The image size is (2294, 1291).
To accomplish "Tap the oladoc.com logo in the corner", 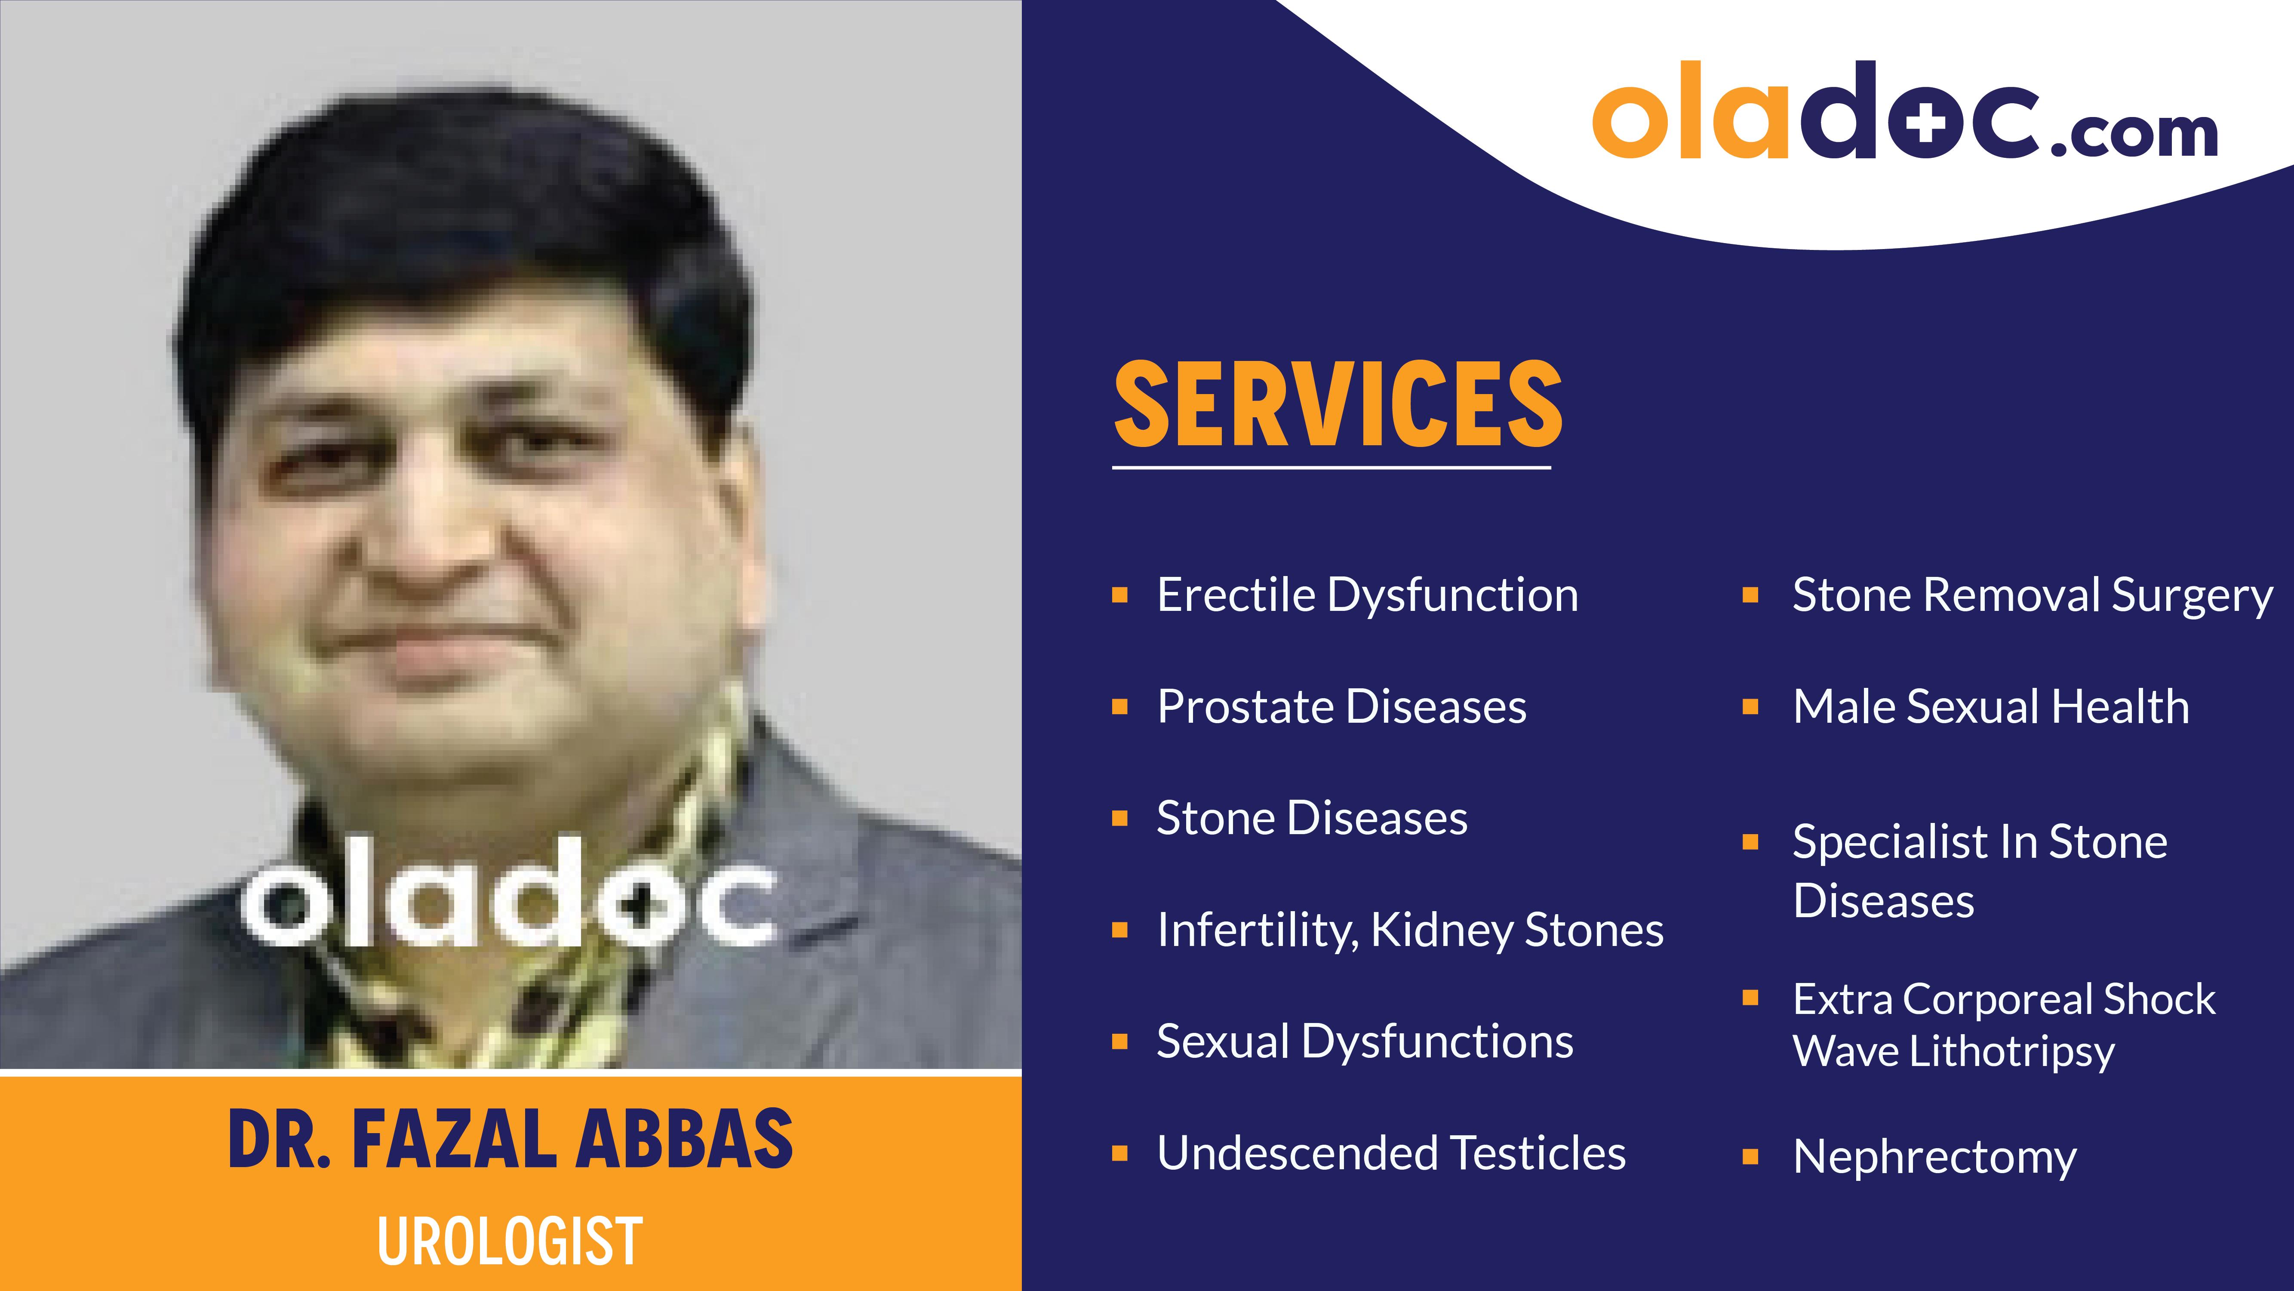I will click(1904, 111).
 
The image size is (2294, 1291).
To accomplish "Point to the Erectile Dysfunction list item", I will click(1367, 595).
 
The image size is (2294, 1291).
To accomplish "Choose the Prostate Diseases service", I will click(1341, 706).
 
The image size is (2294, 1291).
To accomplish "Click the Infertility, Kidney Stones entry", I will click(1410, 930).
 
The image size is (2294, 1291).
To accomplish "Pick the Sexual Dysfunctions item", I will click(1364, 1041).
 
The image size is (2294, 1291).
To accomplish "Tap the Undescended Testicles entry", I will click(1391, 1153).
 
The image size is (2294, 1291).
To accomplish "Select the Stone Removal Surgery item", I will click(2032, 595).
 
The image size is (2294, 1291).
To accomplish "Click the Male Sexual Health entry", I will click(1990, 706).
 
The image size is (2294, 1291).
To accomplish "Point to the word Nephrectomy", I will click(1934, 1156).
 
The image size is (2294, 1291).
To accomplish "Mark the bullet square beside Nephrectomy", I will click(1750, 1156).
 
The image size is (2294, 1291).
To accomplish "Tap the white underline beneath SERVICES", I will click(1332, 466).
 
